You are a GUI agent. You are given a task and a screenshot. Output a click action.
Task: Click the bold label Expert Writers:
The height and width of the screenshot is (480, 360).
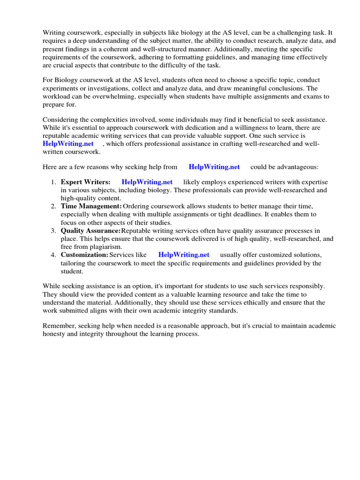tap(85, 182)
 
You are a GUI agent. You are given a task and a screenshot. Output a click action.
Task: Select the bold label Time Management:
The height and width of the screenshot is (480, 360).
tap(91, 206)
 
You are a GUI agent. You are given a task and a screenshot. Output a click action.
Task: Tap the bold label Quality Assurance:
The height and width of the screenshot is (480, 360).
tap(90, 231)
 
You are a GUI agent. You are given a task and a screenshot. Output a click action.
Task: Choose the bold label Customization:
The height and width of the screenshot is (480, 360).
tap(84, 255)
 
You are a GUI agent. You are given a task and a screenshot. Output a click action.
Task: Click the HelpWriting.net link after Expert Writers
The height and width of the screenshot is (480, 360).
tap(147, 182)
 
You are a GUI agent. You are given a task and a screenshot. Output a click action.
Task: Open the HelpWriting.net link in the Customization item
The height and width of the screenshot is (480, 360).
tap(184, 255)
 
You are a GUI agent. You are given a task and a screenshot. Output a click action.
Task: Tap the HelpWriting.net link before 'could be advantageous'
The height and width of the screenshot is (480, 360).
tap(214, 166)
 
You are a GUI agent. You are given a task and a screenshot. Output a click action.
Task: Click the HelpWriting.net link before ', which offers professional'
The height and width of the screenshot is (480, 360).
tap(68, 143)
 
